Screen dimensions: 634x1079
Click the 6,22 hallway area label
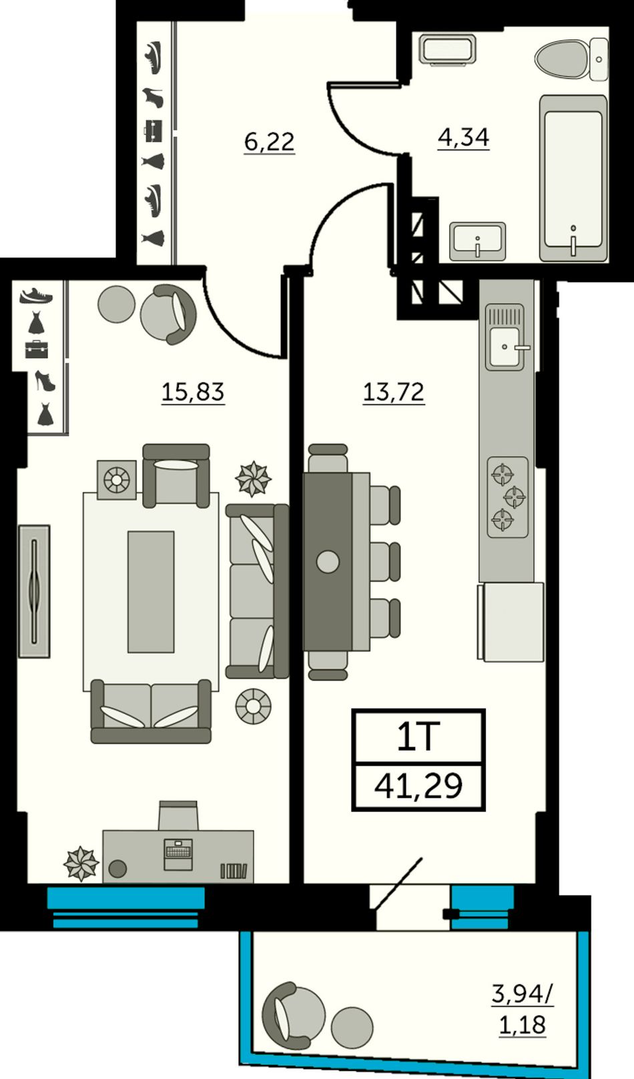[270, 142]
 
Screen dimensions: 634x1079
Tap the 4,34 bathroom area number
[463, 137]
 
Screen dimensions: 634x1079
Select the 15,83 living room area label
[193, 392]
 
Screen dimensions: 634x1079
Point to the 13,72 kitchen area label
[394, 392]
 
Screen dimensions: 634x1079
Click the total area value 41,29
[418, 785]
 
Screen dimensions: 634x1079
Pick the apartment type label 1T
[418, 737]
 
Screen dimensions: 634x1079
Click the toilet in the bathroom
[571, 59]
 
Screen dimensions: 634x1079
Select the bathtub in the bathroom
[573, 177]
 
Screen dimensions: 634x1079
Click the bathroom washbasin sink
[477, 242]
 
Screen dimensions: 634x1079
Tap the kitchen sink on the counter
[505, 337]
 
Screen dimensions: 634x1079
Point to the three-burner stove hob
[508, 497]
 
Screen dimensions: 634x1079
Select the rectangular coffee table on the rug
[151, 591]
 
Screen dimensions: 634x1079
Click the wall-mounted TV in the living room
[34, 591]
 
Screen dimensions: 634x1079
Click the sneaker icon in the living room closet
[36, 296]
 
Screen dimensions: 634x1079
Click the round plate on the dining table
[328, 561]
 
